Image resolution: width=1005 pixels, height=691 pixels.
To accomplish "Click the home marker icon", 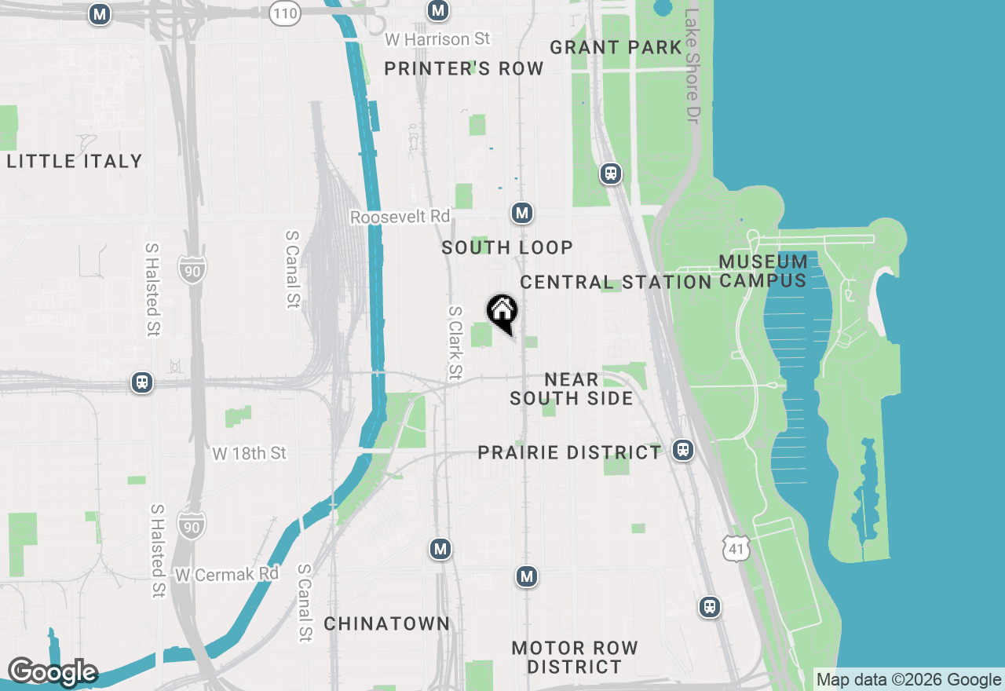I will tap(502, 312).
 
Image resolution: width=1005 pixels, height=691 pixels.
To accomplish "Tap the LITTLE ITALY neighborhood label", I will tap(75, 162).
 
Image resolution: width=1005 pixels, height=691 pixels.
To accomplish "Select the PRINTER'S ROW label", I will tap(464, 69).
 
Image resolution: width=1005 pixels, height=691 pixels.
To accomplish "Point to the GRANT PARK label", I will tap(616, 47).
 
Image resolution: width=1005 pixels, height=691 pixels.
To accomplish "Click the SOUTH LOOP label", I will tap(507, 248).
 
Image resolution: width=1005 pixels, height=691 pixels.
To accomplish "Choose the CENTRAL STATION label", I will tap(616, 282).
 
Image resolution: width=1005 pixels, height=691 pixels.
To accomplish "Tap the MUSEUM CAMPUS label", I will tap(763, 271).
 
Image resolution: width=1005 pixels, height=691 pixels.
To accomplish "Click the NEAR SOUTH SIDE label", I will tap(572, 389).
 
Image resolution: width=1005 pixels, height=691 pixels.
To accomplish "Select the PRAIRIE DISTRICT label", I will tap(570, 453).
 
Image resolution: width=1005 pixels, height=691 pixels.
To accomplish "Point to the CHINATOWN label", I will tap(387, 624).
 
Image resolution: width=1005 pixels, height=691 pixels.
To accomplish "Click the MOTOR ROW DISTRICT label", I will tap(575, 658).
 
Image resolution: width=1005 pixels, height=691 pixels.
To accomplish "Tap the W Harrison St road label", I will tap(438, 38).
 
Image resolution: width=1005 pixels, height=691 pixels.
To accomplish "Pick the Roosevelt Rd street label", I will tap(400, 217).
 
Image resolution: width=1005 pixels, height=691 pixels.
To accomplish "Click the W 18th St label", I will tap(250, 453).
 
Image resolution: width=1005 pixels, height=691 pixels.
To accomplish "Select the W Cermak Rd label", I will tap(227, 574).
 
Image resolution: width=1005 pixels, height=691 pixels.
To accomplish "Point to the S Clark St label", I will tap(455, 343).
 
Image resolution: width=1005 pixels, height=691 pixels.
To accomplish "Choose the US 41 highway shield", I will tap(736, 550).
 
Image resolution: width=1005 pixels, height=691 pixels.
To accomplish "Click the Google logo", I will tap(52, 672).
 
